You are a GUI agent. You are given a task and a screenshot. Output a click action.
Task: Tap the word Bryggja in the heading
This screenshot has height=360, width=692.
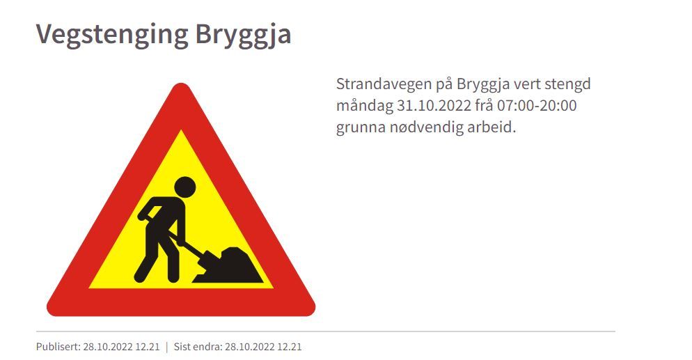point(243,34)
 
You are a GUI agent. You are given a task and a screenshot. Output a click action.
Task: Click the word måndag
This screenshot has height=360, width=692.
point(364,107)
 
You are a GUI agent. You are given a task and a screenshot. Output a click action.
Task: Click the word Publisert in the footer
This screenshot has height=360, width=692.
point(58,347)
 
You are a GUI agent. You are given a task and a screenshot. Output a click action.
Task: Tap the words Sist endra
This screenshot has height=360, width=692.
point(198,347)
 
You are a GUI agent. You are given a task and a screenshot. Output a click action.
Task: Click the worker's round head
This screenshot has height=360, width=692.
point(184,187)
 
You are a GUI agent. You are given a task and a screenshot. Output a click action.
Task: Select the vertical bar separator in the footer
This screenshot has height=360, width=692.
point(167,347)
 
